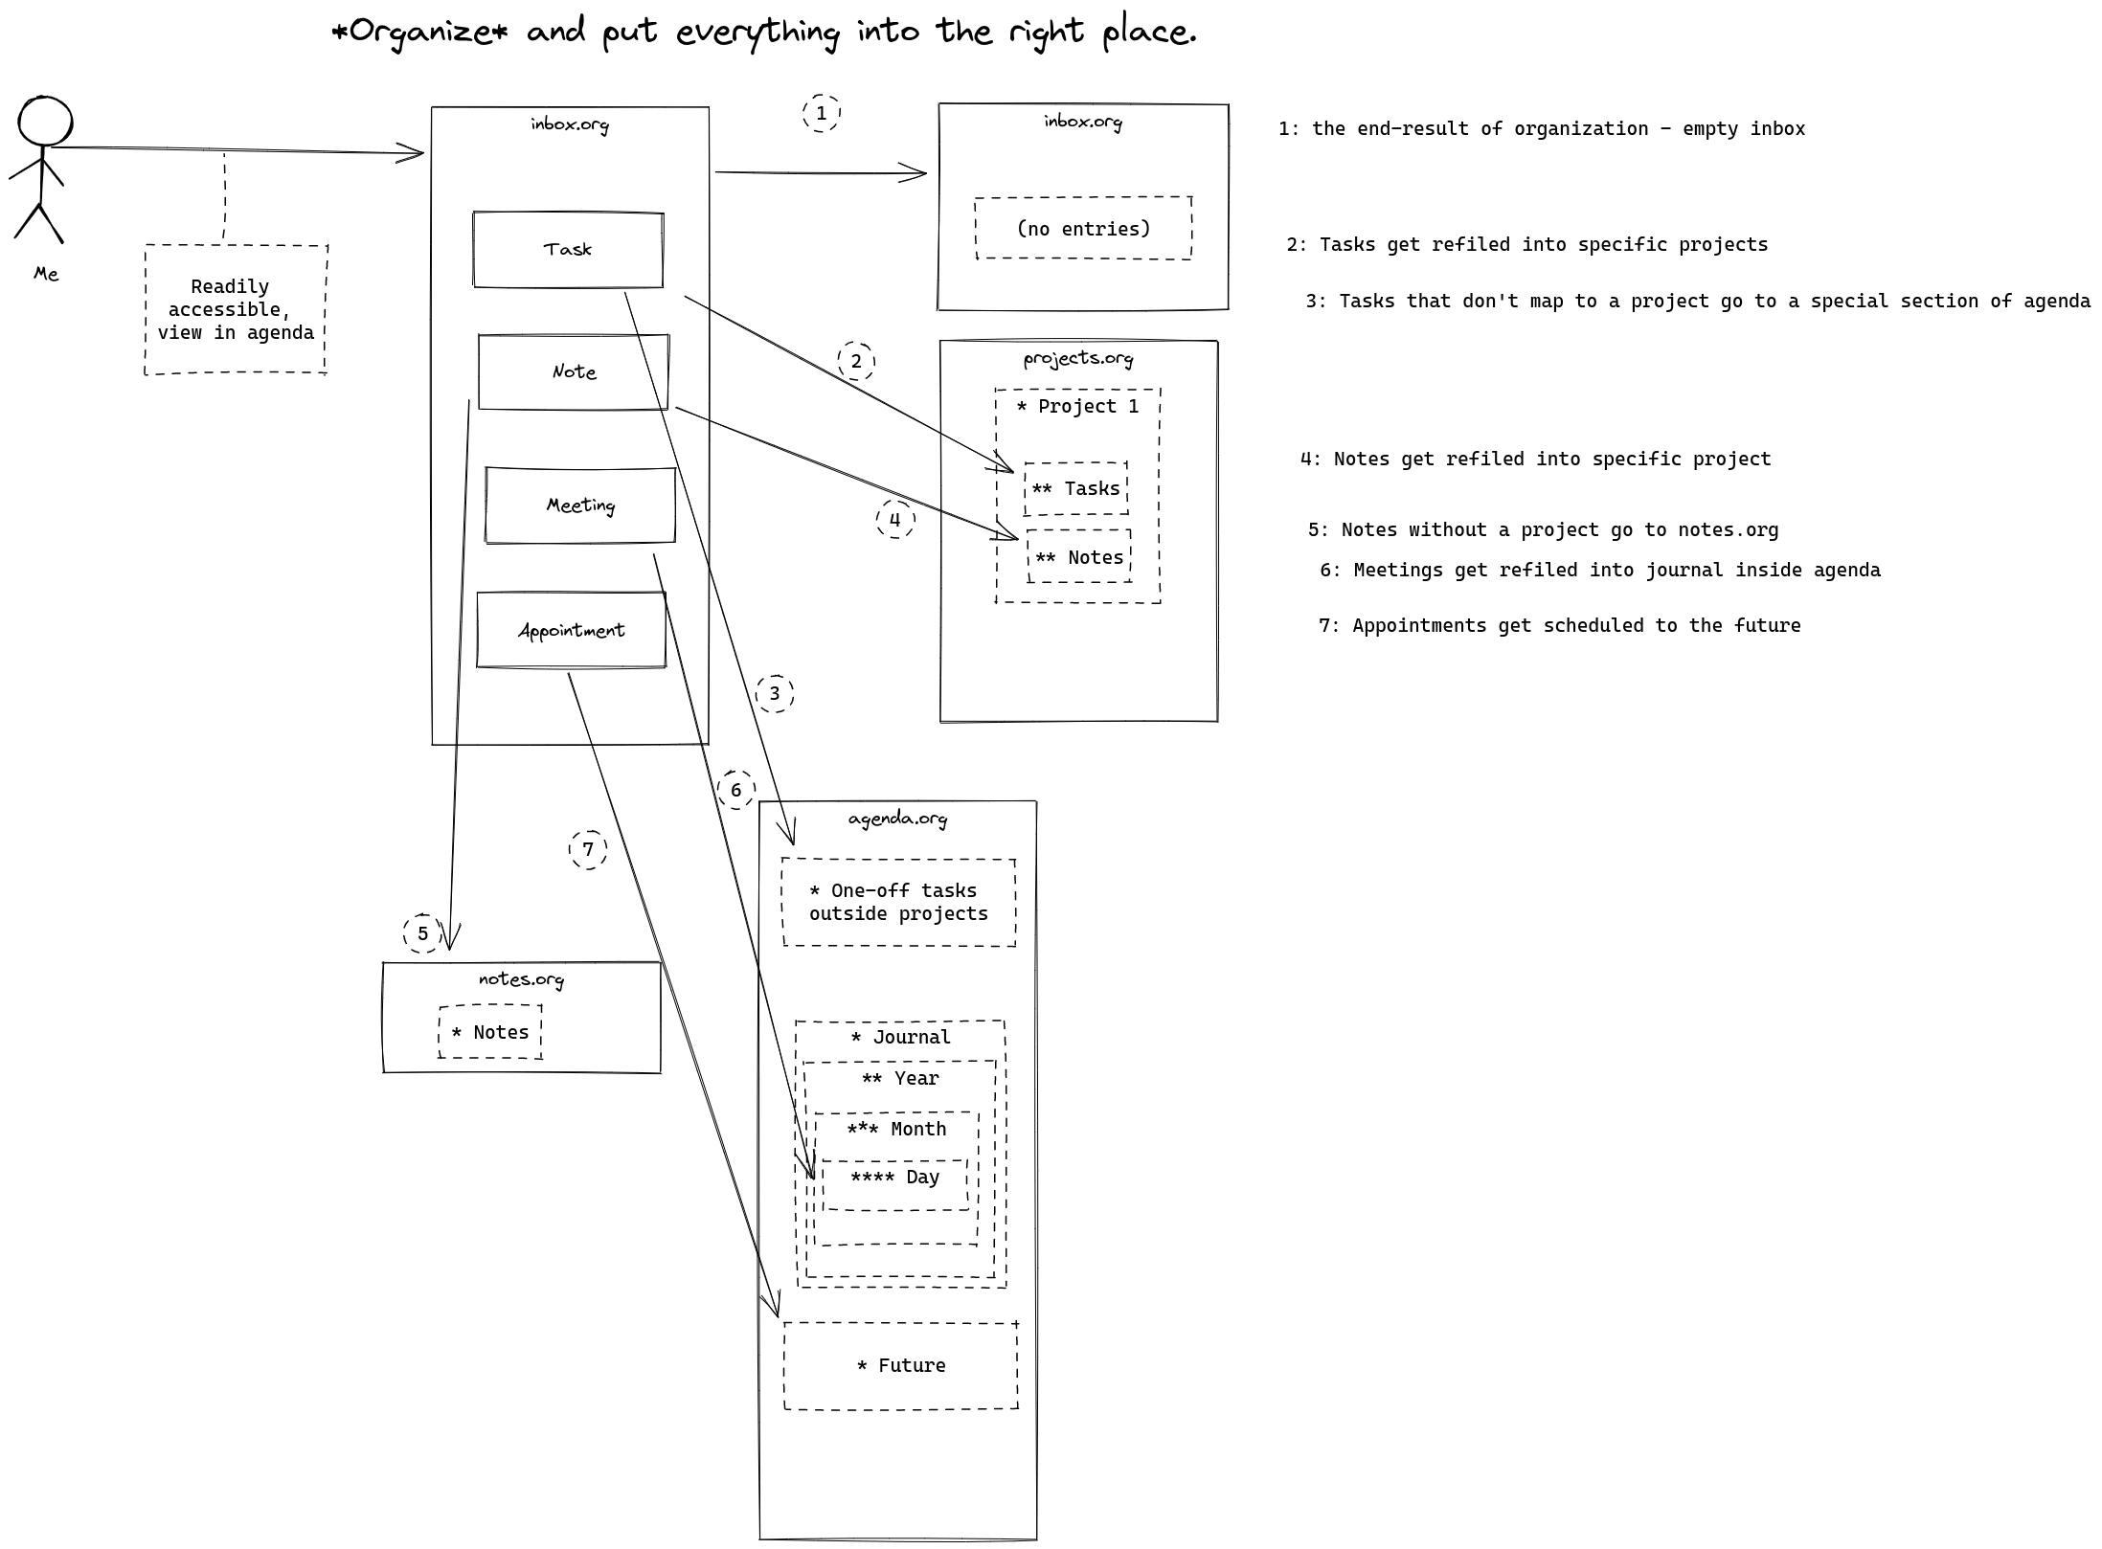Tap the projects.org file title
click(x=1078, y=358)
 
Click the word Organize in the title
click(x=418, y=32)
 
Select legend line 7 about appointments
click(x=1560, y=625)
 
